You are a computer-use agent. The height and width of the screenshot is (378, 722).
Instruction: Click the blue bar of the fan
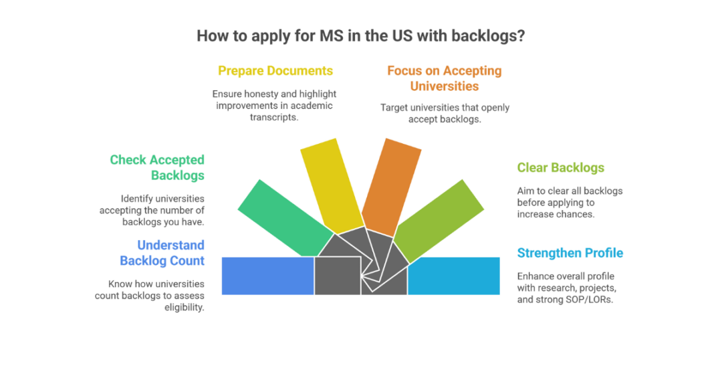(267, 276)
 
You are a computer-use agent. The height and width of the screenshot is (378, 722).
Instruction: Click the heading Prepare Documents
(275, 71)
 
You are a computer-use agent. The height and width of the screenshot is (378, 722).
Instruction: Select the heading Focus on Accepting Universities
(444, 78)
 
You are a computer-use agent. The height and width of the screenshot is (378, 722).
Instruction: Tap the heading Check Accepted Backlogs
(157, 167)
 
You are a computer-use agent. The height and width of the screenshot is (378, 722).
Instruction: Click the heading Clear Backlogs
(560, 168)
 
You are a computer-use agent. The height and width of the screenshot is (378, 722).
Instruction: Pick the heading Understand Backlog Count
(162, 253)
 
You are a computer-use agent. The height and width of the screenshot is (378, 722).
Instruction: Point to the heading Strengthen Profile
(570, 253)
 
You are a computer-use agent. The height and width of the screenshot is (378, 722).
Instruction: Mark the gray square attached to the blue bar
(338, 276)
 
